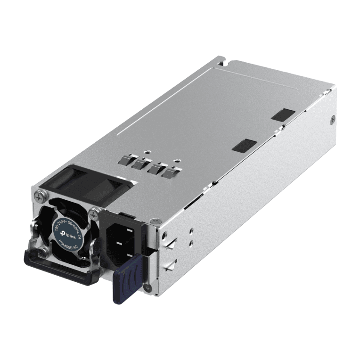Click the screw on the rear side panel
click(334, 119)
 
